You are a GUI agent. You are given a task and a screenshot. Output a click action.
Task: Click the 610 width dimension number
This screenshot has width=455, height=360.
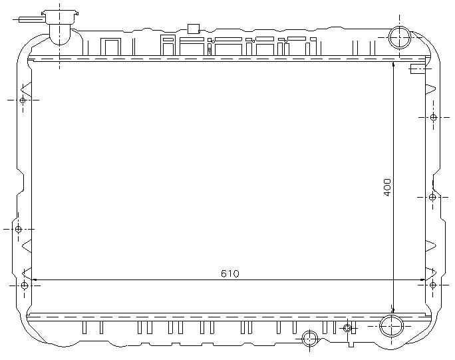pyautogui.click(x=229, y=273)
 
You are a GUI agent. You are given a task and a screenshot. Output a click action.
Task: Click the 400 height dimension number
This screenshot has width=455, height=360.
pyautogui.click(x=387, y=188)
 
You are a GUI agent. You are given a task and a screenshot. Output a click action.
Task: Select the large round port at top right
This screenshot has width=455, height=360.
pyautogui.click(x=400, y=37)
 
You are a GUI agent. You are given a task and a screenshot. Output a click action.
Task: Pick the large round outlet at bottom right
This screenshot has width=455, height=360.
pyautogui.click(x=392, y=326)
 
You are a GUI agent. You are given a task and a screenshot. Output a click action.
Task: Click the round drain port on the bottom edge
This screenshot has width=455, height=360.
pyautogui.click(x=309, y=339)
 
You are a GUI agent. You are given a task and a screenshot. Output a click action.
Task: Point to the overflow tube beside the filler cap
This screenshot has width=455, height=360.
pyautogui.click(x=31, y=19)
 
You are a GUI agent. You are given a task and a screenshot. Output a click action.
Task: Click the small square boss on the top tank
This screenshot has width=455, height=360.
pyautogui.click(x=194, y=29)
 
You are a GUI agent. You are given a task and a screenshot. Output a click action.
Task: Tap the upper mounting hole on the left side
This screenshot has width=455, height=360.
pyautogui.click(x=23, y=100)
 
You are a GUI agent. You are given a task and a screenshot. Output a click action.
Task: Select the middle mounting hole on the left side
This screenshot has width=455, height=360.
pyautogui.click(x=18, y=229)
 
